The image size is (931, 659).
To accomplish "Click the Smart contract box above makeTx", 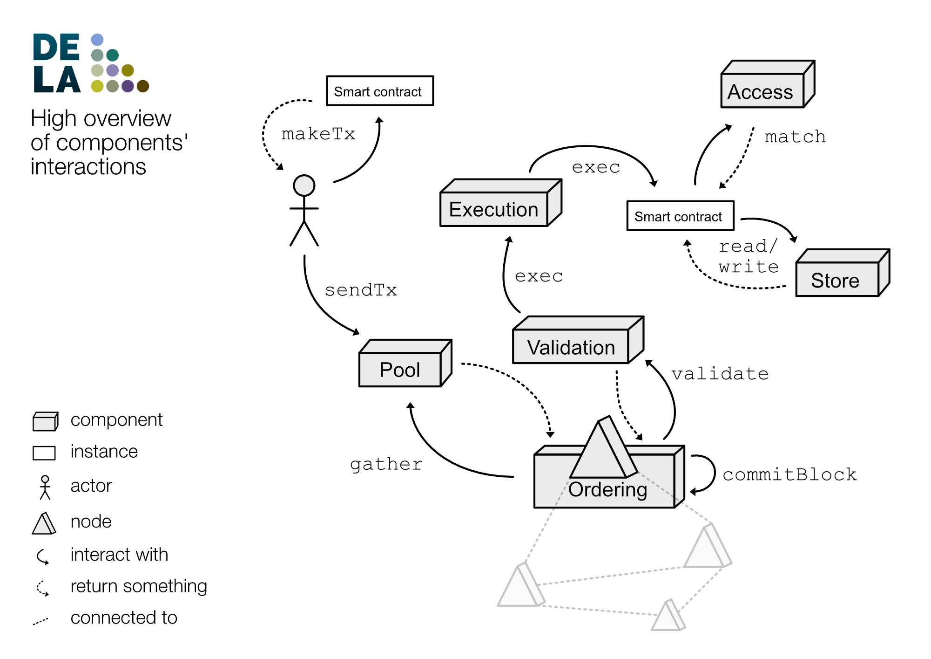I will point(379,91).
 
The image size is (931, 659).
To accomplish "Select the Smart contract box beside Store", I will point(680,216).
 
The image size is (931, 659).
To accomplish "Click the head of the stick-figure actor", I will point(304,185).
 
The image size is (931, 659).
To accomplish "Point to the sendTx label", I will point(361,290).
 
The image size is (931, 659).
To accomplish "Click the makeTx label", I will point(318,134).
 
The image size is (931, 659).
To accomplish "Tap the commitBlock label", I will point(789,474).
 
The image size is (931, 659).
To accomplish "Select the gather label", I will point(386,464).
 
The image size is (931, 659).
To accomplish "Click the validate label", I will point(720,374).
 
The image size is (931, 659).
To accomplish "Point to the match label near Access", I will point(795,137).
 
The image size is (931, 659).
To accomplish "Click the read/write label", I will point(748,256).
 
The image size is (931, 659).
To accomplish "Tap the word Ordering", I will point(607,490).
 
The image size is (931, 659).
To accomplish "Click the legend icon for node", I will point(44,523).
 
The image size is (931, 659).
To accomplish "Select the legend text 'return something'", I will point(139,586).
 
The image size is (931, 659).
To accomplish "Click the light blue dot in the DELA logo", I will point(97,40).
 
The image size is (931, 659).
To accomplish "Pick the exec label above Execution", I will point(596,167).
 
